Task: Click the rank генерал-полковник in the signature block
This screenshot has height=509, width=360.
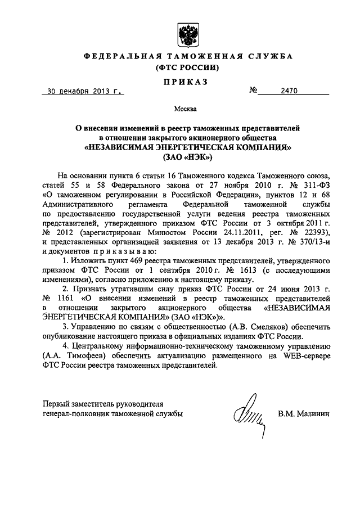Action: pyautogui.click(x=73, y=414)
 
